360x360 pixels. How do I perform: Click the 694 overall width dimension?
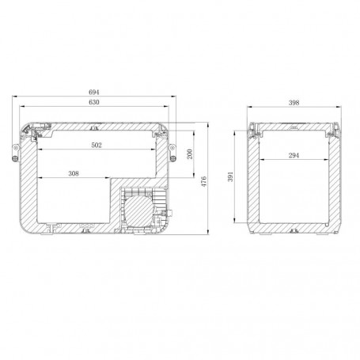(x=94, y=92)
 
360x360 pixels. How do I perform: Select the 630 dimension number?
(x=94, y=102)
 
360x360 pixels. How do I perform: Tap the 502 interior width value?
(x=97, y=145)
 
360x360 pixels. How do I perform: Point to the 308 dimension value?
(x=74, y=173)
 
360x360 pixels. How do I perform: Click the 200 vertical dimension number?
(x=190, y=154)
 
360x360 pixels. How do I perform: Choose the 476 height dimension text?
(x=204, y=181)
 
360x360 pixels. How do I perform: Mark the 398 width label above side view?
(x=294, y=103)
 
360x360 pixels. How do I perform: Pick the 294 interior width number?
(x=294, y=155)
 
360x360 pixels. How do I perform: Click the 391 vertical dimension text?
(x=230, y=176)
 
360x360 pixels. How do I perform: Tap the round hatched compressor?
(x=138, y=210)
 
